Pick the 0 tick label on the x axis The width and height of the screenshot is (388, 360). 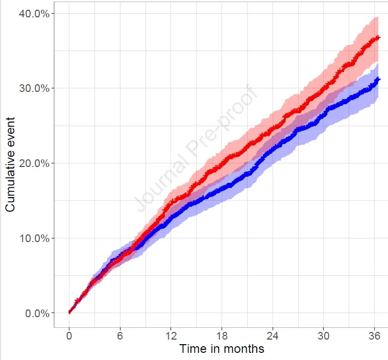(x=69, y=335)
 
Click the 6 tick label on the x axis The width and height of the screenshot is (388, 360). (x=120, y=335)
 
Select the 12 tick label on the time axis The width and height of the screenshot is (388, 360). (x=171, y=335)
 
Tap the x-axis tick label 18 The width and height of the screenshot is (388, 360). (x=222, y=335)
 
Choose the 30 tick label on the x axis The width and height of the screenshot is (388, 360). (x=323, y=335)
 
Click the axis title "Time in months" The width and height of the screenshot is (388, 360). (x=222, y=349)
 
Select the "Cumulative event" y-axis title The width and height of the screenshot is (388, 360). (x=11, y=163)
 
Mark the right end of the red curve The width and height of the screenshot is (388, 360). (x=378, y=37)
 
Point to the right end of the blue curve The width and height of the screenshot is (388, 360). (x=378, y=79)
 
